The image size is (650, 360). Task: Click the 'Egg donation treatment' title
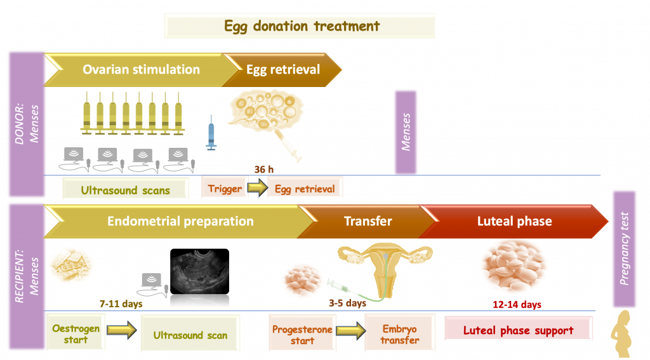(301, 27)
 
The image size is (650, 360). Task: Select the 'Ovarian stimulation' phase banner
(141, 69)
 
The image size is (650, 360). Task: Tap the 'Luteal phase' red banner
(514, 222)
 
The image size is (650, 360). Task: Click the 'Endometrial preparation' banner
(180, 222)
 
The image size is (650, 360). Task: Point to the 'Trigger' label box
(225, 189)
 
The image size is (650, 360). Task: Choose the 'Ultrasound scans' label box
(126, 190)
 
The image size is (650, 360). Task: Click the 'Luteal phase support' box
(518, 330)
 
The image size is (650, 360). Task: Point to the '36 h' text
(261, 170)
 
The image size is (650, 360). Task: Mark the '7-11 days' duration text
(121, 303)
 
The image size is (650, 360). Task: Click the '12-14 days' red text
(517, 305)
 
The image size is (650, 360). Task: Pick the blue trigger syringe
(211, 133)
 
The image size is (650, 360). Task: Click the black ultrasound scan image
(199, 271)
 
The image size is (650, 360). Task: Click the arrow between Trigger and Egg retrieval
(256, 189)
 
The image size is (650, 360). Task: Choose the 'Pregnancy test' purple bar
(625, 249)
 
